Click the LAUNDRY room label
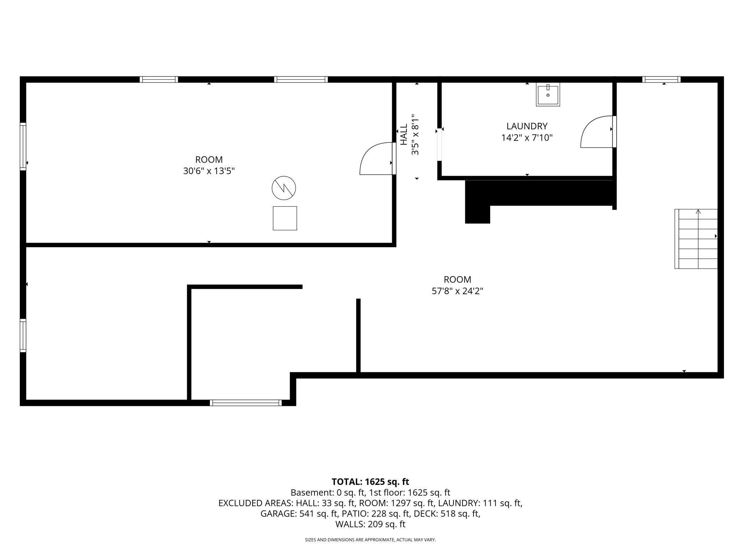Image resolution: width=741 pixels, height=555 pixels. tap(527, 126)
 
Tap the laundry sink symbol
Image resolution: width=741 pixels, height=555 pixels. tap(548, 94)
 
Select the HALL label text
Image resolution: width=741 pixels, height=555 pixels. tap(404, 134)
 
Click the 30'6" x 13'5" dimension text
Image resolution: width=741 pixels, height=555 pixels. tap(209, 171)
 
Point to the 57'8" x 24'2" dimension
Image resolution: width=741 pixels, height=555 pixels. tap(457, 291)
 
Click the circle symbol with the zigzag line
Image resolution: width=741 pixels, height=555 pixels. tap(284, 187)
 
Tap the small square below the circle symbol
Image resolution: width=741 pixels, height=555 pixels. tap(285, 218)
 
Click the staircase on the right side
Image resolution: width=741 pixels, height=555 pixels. tap(696, 239)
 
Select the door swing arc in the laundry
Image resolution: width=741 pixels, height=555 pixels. tap(596, 132)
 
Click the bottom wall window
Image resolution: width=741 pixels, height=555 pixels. tap(246, 403)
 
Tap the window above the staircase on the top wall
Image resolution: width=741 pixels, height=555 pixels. tap(661, 79)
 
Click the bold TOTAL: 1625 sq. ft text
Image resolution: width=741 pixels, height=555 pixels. tap(370, 482)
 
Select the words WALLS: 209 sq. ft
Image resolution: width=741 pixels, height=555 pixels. tap(370, 524)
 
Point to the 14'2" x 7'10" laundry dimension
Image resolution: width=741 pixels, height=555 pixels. tap(527, 137)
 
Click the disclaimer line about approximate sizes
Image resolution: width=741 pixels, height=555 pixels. tap(370, 540)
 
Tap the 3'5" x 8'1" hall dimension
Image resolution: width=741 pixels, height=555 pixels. tap(415, 134)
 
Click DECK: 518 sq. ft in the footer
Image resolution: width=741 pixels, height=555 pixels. tap(460, 513)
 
